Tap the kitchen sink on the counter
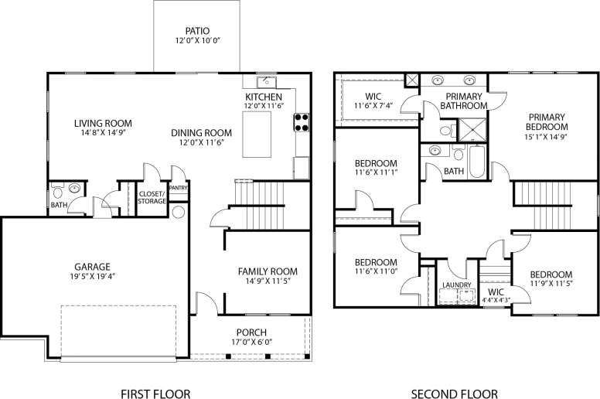point(263,80)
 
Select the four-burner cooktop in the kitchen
point(300,121)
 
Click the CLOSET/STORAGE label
point(152,197)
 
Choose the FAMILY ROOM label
point(268,271)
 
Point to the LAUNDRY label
point(456,285)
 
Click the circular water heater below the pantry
point(178,212)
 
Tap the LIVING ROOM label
point(103,123)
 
